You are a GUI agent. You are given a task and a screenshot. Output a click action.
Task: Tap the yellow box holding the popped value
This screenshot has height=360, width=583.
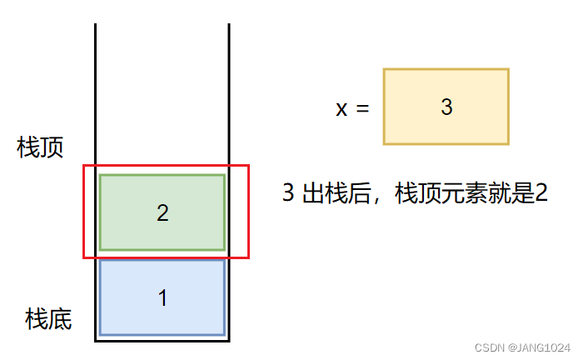(x=446, y=107)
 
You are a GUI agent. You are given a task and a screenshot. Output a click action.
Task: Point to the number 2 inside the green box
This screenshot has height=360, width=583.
(x=162, y=213)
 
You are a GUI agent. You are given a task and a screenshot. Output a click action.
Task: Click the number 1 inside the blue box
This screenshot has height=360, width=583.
(x=162, y=297)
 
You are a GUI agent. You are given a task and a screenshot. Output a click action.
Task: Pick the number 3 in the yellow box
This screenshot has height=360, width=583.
(x=446, y=107)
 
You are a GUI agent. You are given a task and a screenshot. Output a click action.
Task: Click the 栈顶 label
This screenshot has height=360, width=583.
(x=41, y=147)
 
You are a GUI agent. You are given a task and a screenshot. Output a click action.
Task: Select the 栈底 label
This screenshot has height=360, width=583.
(x=48, y=318)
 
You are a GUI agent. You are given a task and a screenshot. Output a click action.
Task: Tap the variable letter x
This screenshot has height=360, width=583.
(x=341, y=108)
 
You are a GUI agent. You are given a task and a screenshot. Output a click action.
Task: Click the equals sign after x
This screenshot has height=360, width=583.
(x=361, y=108)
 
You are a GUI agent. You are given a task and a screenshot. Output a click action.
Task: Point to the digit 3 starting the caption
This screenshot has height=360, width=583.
(x=288, y=194)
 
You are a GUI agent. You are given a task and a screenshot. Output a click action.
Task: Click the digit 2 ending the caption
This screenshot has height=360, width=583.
(x=541, y=194)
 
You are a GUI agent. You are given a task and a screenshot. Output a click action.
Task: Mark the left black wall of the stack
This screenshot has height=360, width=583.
(x=96, y=92)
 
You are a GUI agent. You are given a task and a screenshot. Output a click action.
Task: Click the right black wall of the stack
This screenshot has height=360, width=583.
(x=228, y=92)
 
